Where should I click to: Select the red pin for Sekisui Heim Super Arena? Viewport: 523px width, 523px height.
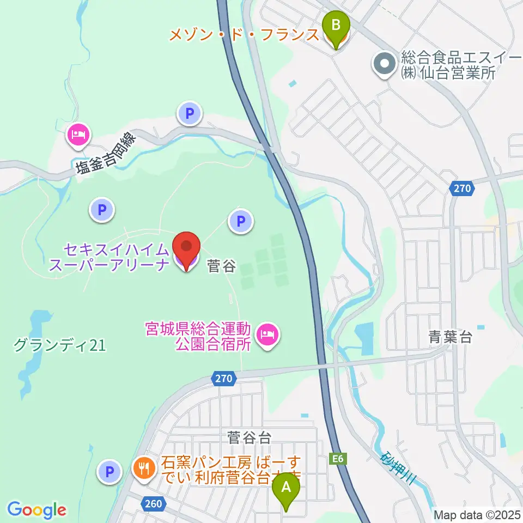point(186,248)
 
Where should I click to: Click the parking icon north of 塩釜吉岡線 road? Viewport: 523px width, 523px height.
point(189,114)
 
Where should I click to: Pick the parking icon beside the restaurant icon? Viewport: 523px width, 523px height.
point(110,471)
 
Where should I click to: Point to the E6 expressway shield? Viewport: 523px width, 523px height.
point(338,459)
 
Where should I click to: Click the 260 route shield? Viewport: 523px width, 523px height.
point(154,503)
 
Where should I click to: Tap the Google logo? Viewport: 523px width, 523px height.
point(37,510)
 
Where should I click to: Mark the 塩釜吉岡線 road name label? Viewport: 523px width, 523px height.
point(107,154)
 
